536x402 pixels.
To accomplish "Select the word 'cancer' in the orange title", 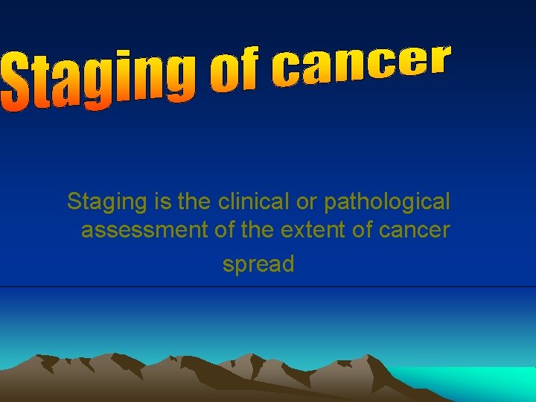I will coord(362,66).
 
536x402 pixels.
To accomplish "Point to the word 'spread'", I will coord(258,264).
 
